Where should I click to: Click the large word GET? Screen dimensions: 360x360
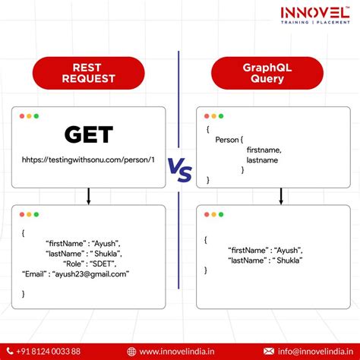click(89, 135)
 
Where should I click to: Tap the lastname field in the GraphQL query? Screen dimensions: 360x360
click(263, 161)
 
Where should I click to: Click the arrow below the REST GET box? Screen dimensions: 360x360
click(89, 197)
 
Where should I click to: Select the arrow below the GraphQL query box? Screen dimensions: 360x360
click(281, 197)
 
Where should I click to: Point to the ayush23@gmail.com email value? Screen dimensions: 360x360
click(96, 274)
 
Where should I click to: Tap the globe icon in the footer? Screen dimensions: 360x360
click(132, 351)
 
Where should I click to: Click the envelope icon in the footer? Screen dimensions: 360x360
click(268, 351)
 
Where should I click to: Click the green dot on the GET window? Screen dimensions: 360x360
click(36, 116)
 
